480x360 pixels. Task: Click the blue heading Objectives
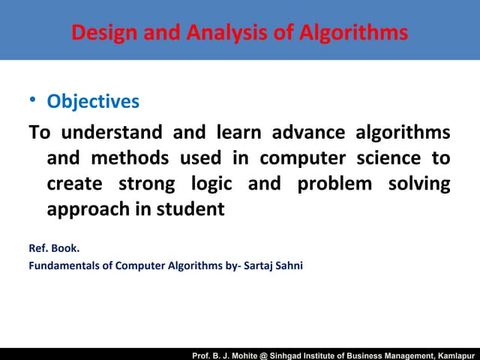[93, 100]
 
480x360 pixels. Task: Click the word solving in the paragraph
[419, 184]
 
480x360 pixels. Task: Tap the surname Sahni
[287, 264]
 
